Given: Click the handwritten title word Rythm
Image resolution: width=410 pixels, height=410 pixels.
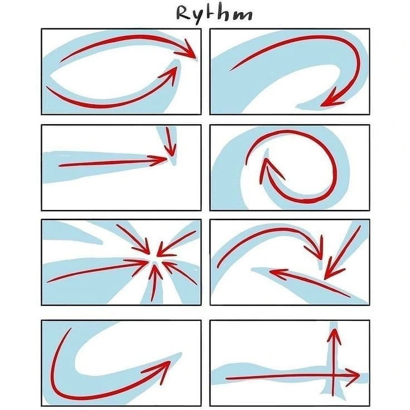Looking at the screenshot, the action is tap(214, 14).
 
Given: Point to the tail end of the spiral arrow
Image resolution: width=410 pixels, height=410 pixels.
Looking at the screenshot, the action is tap(246, 164).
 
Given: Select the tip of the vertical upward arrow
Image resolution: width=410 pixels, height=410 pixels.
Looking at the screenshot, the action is tap(334, 329).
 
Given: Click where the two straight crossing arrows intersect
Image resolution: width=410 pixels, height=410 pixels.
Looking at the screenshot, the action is tap(333, 377).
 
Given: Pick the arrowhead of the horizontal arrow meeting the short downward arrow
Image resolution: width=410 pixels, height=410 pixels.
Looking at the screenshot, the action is tap(158, 159).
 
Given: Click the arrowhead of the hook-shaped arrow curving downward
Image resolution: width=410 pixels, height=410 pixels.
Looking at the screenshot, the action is tap(331, 99).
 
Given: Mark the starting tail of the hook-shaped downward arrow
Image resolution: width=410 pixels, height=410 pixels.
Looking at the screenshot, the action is tap(231, 70).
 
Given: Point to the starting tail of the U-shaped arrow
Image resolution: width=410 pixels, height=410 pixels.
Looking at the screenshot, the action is tap(71, 329).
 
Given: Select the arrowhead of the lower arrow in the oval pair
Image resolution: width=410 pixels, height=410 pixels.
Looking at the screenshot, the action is tap(170, 75).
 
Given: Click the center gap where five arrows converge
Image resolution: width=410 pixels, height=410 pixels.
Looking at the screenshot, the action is tap(154, 259).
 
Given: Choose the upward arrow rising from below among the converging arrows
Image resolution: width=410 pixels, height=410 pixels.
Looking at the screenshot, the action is tap(154, 282).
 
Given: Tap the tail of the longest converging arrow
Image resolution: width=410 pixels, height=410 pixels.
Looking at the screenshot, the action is tap(48, 282).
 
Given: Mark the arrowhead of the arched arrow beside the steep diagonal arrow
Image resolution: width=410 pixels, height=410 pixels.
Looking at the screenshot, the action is tap(315, 248).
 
